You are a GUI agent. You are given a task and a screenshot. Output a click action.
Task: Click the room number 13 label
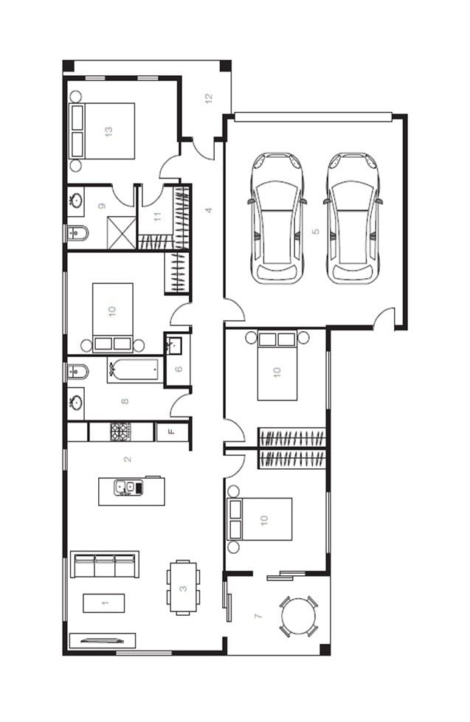pyautogui.click(x=108, y=131)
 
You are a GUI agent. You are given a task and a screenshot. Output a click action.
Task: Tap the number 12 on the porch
pyautogui.click(x=209, y=98)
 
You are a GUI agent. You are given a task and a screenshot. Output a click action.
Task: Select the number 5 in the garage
pyautogui.click(x=315, y=231)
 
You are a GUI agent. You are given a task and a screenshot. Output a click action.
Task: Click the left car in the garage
pyautogui.click(x=277, y=218)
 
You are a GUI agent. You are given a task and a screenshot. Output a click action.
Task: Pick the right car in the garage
pyautogui.click(x=353, y=218)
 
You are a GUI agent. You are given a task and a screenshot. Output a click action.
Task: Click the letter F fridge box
pyautogui.click(x=172, y=432)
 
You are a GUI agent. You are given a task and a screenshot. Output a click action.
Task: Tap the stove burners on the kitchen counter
pyautogui.click(x=120, y=431)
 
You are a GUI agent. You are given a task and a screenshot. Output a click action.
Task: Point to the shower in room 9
pyautogui.click(x=122, y=233)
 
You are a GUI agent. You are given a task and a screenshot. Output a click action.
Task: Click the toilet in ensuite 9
pyautogui.click(x=77, y=234)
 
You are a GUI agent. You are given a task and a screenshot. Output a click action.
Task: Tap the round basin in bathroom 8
pyautogui.click(x=75, y=403)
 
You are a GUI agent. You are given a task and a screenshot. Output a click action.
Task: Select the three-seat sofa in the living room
pyautogui.click(x=105, y=564)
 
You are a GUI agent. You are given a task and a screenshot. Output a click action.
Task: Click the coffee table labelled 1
pyautogui.click(x=104, y=603)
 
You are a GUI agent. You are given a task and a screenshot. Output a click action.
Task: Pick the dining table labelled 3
pyautogui.click(x=183, y=588)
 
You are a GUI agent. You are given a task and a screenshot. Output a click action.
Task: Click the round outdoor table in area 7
pyautogui.click(x=299, y=617)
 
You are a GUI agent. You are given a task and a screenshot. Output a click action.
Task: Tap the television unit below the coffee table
pyautogui.click(x=103, y=640)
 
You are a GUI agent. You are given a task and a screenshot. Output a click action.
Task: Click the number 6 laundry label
pyautogui.click(x=179, y=369)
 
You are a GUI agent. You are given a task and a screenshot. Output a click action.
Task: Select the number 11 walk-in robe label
pyautogui.click(x=158, y=216)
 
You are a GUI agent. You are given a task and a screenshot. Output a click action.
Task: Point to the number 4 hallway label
pyautogui.click(x=209, y=210)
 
